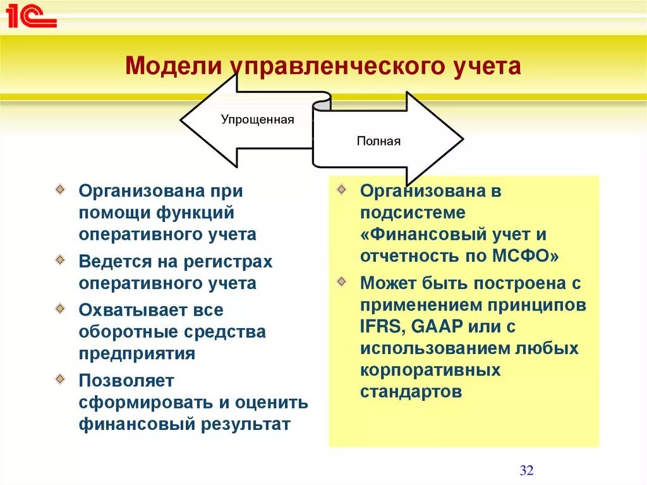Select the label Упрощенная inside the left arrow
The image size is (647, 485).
pos(257,120)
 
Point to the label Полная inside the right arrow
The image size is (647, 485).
pos(378,141)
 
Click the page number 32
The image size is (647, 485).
pos(526,470)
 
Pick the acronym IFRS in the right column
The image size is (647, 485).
pos(379,326)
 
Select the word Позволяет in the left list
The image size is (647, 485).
pos(126,381)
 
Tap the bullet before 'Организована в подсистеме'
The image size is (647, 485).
pos(342,188)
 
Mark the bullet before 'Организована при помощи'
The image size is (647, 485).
pos(59,188)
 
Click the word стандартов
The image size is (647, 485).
pos(411,391)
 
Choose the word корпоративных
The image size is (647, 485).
pos(430,370)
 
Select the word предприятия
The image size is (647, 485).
pos(137,353)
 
